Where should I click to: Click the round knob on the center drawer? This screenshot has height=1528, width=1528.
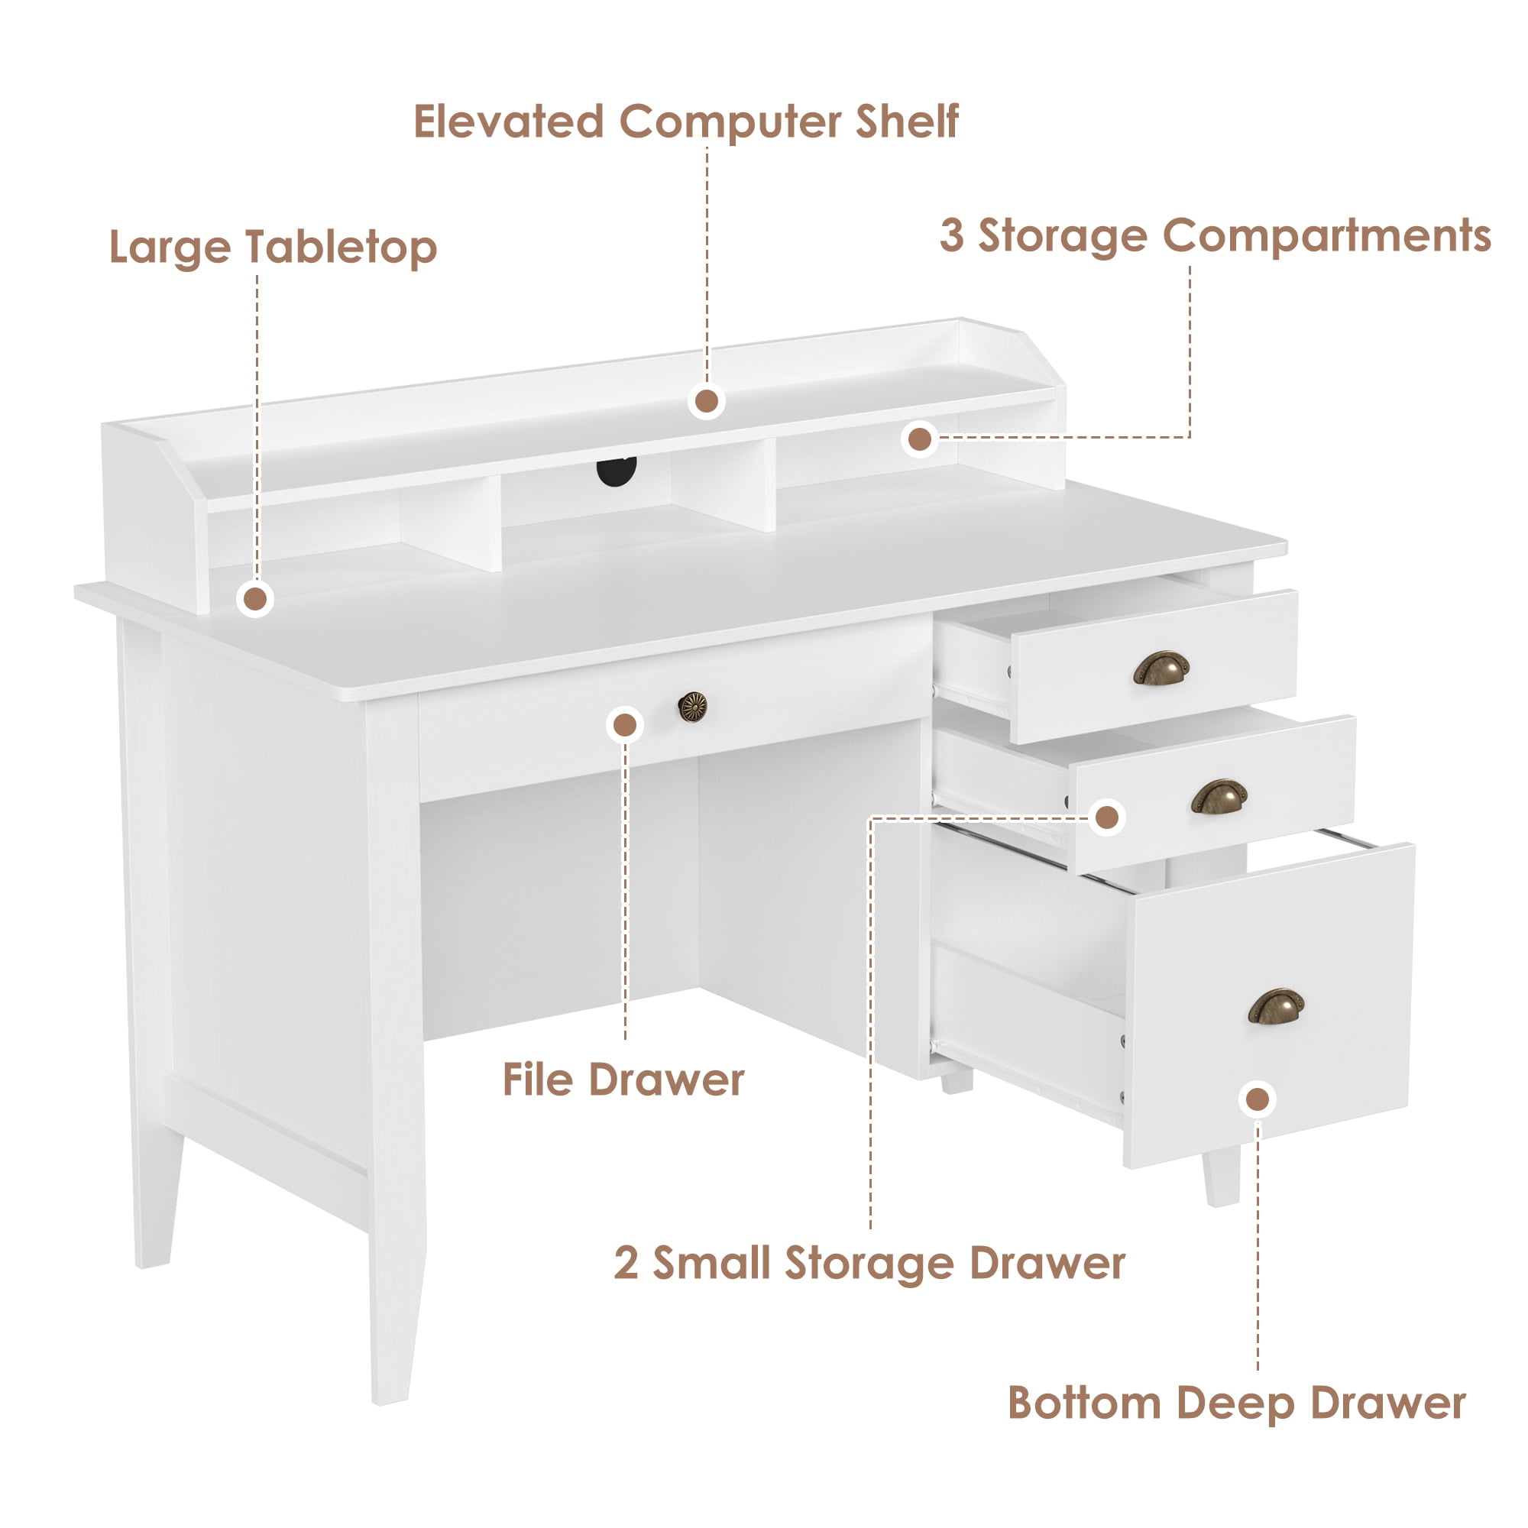pyautogui.click(x=693, y=706)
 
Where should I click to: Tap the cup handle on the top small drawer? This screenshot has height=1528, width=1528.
pyautogui.click(x=1161, y=668)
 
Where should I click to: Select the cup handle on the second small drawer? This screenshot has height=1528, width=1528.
pyautogui.click(x=1219, y=796)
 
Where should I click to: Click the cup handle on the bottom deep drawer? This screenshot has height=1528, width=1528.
pyautogui.click(x=1276, y=1007)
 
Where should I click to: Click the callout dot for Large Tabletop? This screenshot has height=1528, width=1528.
pyautogui.click(x=255, y=600)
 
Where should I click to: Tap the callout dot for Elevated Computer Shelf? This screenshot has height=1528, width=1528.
pyautogui.click(x=706, y=402)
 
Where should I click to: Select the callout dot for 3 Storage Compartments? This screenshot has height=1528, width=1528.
pyautogui.click(x=919, y=439)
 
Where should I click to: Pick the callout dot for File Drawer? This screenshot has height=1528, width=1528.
pyautogui.click(x=625, y=724)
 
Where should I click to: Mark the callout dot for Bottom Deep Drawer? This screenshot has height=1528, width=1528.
pyautogui.click(x=1258, y=1099)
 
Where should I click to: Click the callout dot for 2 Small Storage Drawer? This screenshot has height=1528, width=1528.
pyautogui.click(x=1106, y=817)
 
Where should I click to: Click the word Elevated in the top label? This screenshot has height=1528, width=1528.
pyautogui.click(x=509, y=121)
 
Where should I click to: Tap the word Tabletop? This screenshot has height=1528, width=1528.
pyautogui.click(x=341, y=248)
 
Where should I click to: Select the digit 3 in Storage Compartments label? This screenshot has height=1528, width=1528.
pyautogui.click(x=951, y=237)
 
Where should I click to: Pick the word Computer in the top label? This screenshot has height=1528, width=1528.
pyautogui.click(x=729, y=123)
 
